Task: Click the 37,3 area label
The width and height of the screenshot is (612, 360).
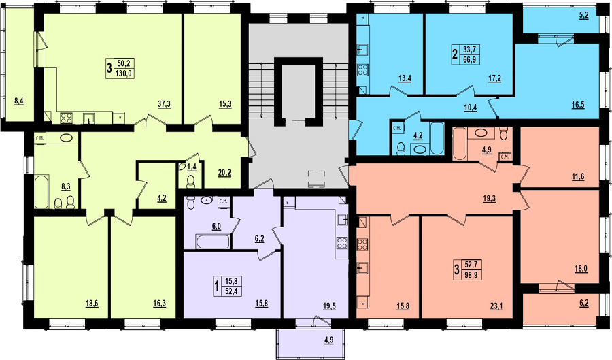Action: point(164,104)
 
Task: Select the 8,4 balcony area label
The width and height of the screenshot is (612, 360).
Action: point(19,101)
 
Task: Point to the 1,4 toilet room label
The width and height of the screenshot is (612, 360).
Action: point(192,167)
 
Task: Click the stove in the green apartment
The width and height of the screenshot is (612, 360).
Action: point(66,118)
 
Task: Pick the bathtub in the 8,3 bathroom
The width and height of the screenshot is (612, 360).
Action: point(41,192)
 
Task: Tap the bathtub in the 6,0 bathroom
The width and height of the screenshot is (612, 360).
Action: point(213,242)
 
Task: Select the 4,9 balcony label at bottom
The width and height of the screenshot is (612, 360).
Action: point(328,340)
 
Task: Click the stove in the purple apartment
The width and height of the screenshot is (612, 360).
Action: point(342,243)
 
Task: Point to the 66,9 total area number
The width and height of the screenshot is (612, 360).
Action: point(471,59)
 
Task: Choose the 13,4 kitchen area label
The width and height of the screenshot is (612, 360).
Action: point(405,78)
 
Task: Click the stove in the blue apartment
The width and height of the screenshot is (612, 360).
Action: point(362,69)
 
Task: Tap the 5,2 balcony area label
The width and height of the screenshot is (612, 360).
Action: point(584,16)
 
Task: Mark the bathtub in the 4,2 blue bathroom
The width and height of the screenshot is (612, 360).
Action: point(437,138)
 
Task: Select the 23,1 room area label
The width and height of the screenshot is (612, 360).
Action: point(496,306)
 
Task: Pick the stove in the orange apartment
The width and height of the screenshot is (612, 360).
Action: point(362,244)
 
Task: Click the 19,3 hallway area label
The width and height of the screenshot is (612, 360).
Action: point(489,198)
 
